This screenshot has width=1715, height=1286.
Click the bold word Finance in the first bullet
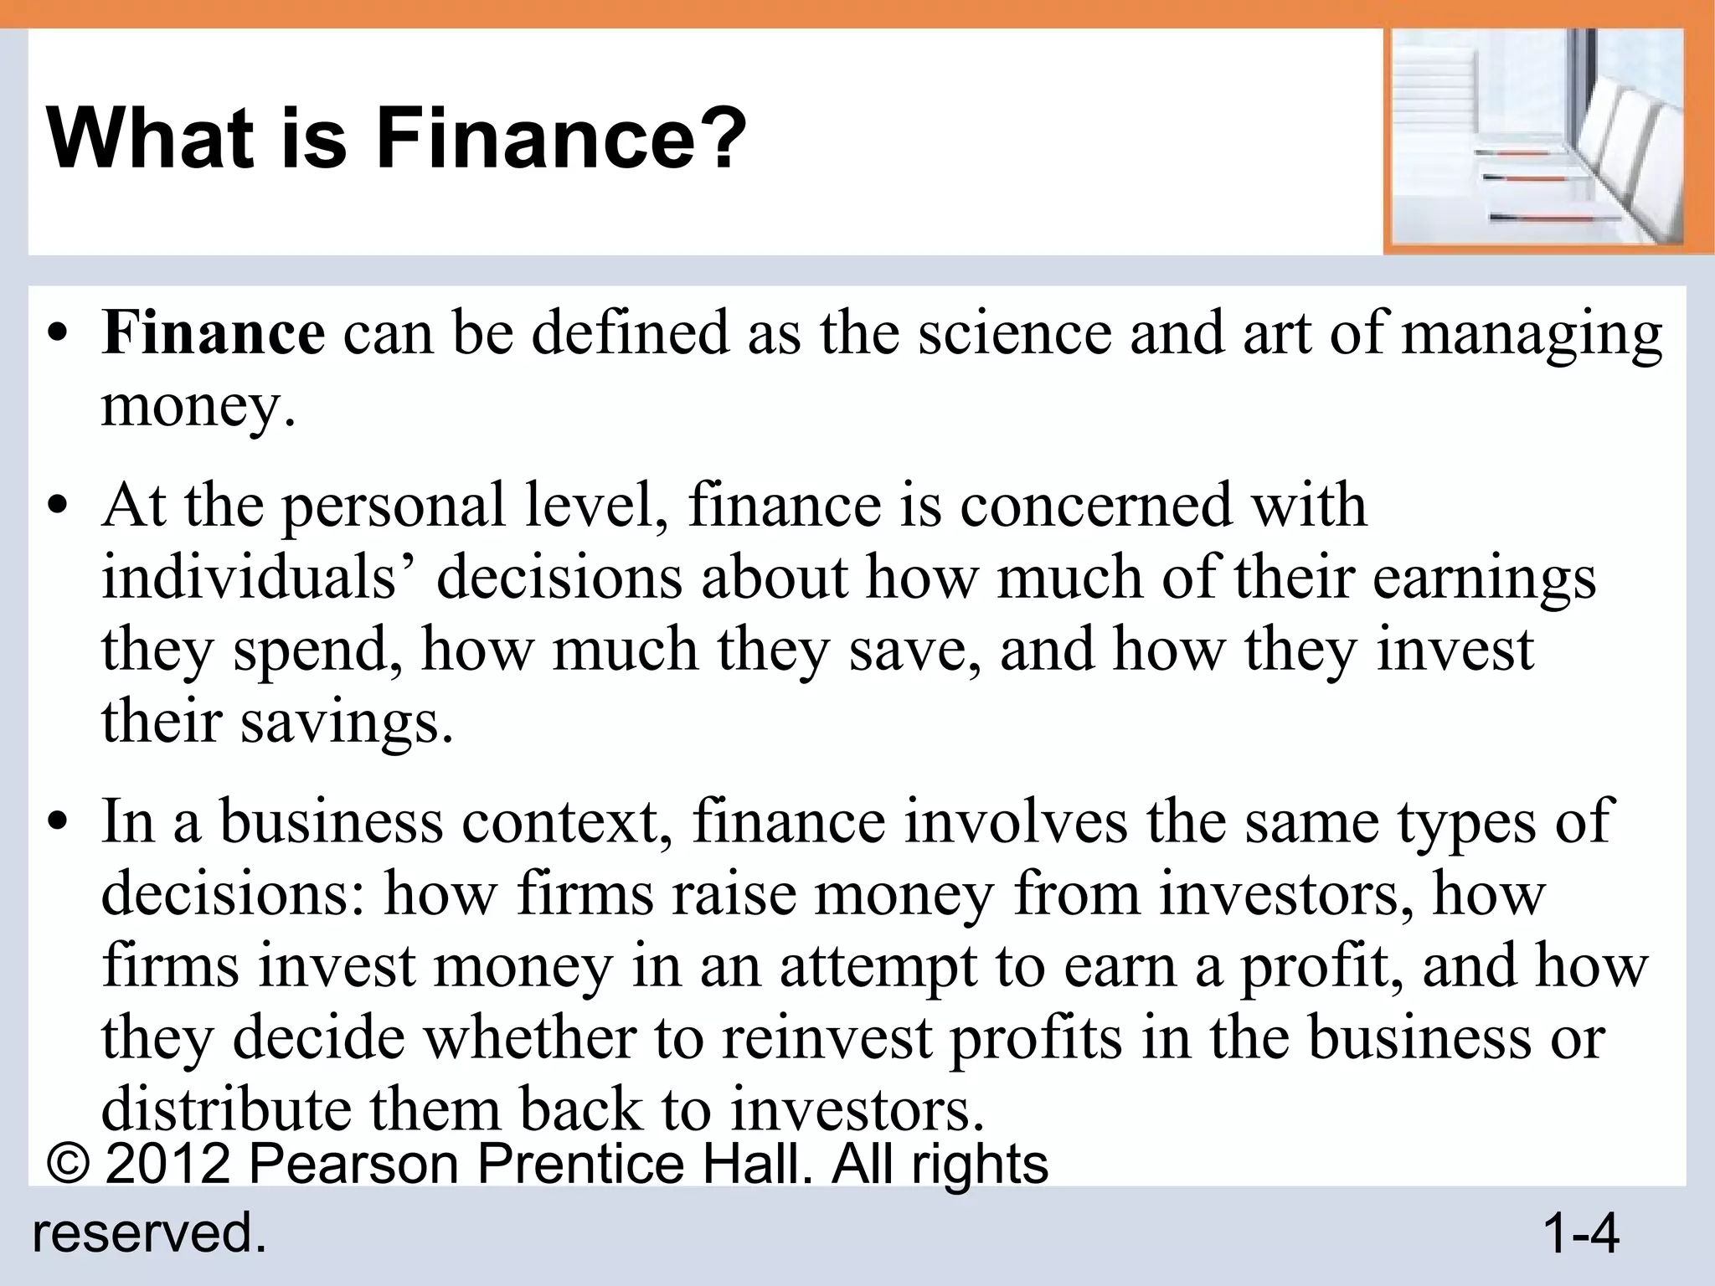pyautogui.click(x=213, y=334)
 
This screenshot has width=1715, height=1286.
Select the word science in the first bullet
pyautogui.click(x=1015, y=334)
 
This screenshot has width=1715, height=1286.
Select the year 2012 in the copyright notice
pyautogui.click(x=167, y=1164)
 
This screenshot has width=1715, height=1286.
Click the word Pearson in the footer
pyautogui.click(x=354, y=1164)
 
